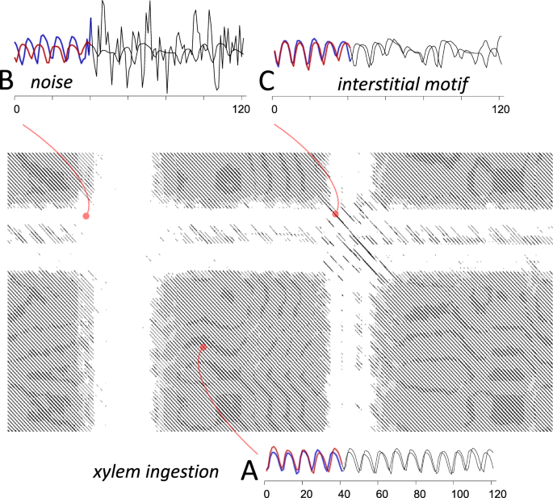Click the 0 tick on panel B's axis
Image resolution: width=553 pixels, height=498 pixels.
click(x=16, y=111)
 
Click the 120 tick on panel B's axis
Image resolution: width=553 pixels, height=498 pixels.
click(x=239, y=111)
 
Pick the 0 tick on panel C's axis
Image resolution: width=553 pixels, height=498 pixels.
click(x=274, y=111)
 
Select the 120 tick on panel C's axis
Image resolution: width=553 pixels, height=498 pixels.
click(x=501, y=111)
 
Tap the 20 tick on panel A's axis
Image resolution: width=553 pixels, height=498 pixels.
click(x=305, y=492)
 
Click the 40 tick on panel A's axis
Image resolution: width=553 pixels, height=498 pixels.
click(x=343, y=492)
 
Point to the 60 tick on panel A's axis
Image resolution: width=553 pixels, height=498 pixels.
click(x=382, y=492)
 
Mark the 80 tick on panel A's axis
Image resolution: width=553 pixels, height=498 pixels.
click(x=421, y=492)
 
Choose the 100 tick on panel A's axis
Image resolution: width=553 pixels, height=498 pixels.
click(x=459, y=492)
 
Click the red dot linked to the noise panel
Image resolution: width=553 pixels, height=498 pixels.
click(x=86, y=216)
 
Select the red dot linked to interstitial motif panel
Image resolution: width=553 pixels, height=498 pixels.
click(x=336, y=214)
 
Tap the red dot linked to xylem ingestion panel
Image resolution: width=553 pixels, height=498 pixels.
click(x=203, y=347)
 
